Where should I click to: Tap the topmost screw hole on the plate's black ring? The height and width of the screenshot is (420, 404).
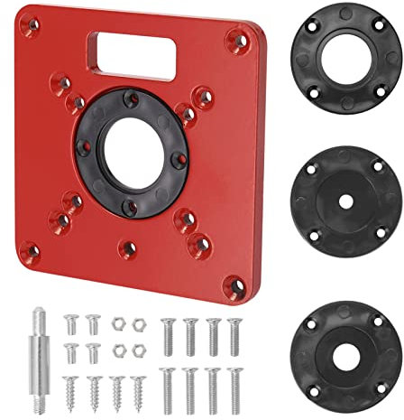coord(132,97)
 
